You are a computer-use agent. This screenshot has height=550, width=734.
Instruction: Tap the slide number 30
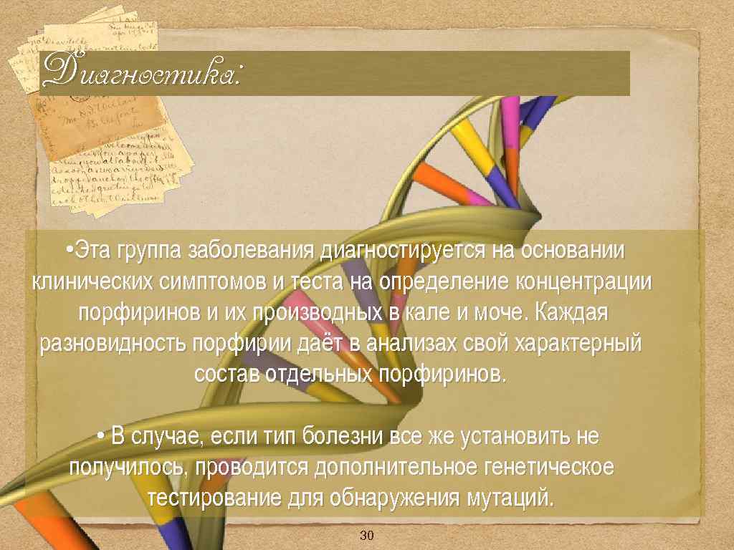[x=367, y=536]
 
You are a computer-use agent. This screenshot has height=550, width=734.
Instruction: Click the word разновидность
[x=115, y=344]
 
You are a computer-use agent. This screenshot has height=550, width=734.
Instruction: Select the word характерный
[x=577, y=344]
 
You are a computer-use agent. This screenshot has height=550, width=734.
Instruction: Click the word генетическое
[x=550, y=467]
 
